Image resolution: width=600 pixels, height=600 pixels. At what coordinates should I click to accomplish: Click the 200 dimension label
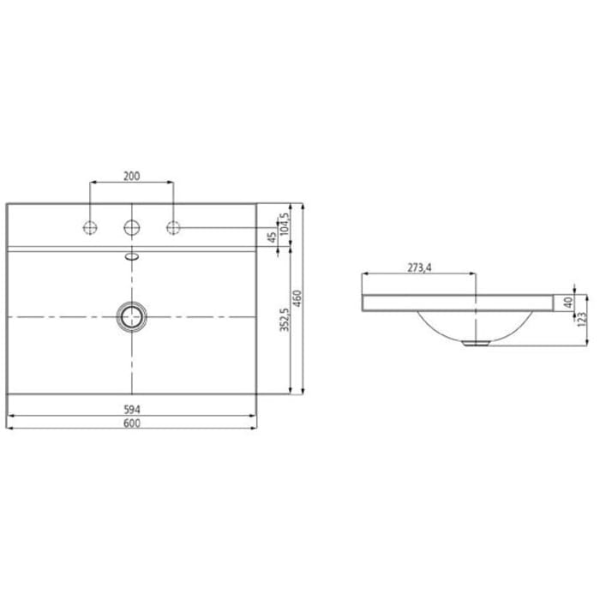(132, 176)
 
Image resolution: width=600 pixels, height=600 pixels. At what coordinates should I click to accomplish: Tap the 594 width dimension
(132, 409)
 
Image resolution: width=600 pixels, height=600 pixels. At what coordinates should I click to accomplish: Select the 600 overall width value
(132, 423)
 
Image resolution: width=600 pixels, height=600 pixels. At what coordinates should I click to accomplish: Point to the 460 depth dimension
(297, 299)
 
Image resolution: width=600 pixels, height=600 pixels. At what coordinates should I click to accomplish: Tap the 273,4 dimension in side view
(418, 268)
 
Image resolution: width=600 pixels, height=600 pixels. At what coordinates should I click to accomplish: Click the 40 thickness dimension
(567, 303)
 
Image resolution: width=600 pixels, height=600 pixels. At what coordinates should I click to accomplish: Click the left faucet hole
(90, 228)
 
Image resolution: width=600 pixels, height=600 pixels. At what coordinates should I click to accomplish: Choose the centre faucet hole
(132, 228)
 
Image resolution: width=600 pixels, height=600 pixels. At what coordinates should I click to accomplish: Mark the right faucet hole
(173, 228)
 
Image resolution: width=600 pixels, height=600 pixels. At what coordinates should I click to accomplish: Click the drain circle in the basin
(132, 315)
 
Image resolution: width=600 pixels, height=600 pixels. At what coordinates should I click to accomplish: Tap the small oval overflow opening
(132, 255)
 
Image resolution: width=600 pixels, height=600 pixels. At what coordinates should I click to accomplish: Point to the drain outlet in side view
(474, 341)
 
